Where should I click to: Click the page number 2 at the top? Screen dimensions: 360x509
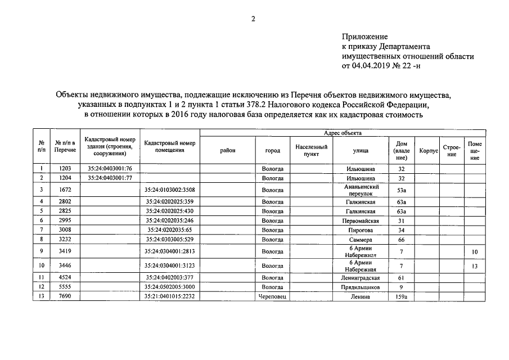253,19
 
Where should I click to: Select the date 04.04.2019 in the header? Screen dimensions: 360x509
372,65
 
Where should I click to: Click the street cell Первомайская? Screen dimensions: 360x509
361,221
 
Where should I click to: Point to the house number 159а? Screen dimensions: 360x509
402,297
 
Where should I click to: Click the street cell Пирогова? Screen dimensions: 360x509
361,230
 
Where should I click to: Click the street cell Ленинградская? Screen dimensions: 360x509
361,278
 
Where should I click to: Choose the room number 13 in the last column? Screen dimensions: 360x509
475,266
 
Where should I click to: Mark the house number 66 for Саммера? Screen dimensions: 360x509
402,240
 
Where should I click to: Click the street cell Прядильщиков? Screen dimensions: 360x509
361,287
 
